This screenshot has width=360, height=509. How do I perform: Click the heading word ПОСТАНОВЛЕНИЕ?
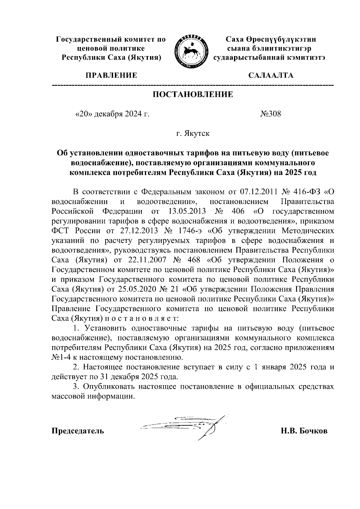click(193, 95)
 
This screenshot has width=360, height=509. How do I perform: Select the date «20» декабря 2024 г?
click(112, 114)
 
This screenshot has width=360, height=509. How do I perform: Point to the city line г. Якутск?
click(193, 133)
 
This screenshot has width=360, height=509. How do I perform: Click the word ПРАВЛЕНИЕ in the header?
click(112, 75)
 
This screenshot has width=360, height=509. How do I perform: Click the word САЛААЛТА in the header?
click(271, 75)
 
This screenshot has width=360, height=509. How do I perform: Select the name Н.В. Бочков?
click(304, 431)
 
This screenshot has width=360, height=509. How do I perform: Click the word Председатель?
click(78, 431)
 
